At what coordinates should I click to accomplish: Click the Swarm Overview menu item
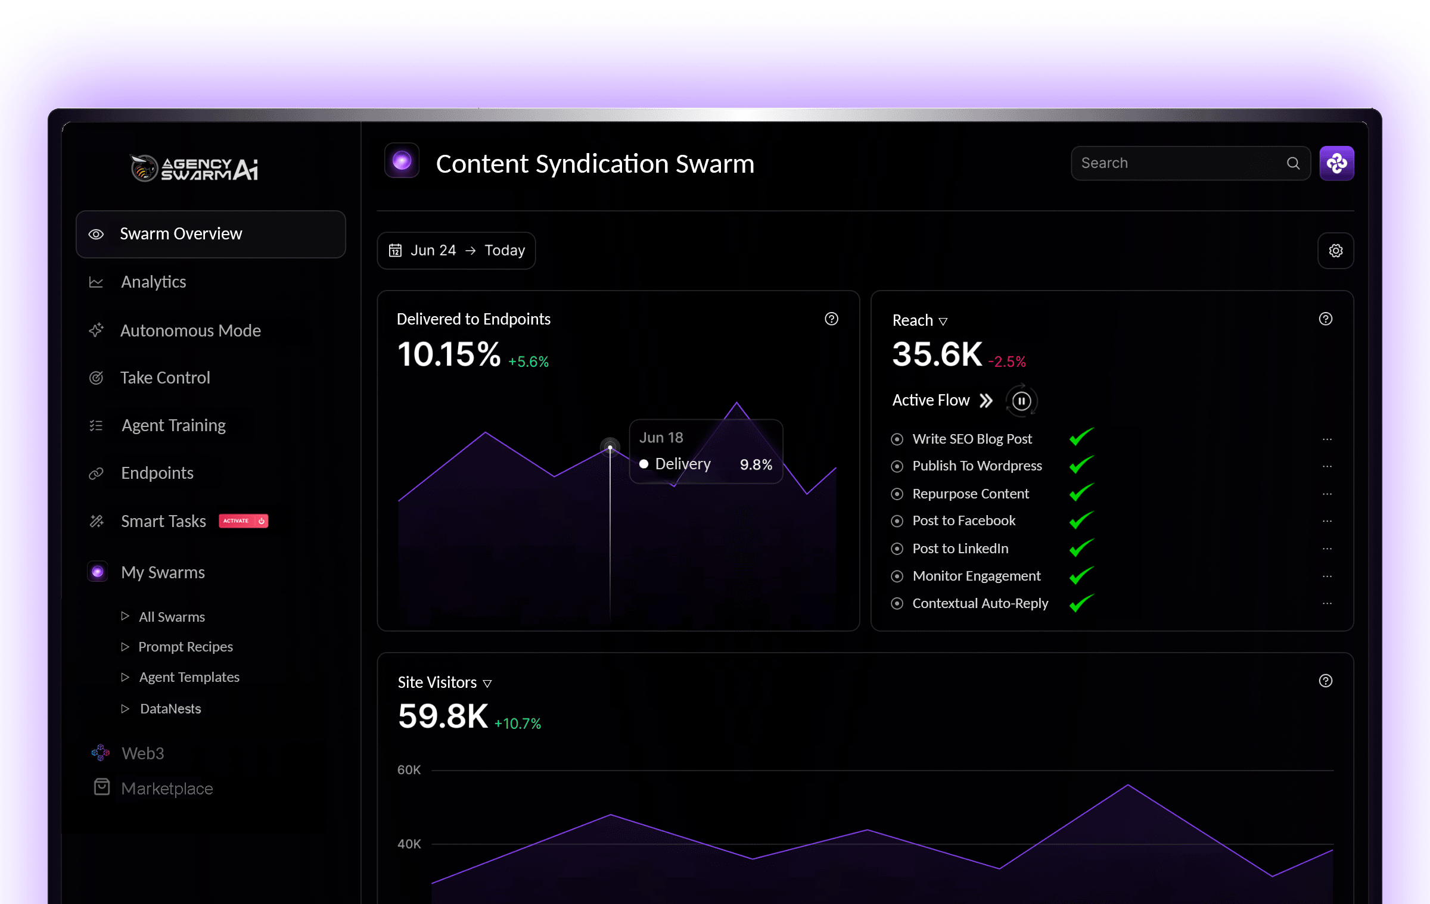click(210, 234)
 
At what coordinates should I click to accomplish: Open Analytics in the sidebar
click(153, 282)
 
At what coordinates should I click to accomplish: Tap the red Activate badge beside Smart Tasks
click(243, 521)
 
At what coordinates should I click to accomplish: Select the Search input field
click(1180, 163)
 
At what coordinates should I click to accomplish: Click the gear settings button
click(1335, 251)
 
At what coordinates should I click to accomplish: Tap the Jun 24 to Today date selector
click(456, 251)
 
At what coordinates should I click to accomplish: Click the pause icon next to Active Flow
click(1021, 401)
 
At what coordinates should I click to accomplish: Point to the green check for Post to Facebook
click(1081, 520)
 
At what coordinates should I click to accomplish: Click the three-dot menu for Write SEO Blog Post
click(1327, 439)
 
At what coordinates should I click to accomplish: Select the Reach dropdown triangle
click(943, 322)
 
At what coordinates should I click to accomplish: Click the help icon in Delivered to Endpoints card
click(831, 319)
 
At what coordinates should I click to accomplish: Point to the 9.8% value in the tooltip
click(756, 465)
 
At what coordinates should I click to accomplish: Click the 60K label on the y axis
click(409, 770)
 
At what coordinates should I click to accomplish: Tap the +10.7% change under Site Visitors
click(517, 724)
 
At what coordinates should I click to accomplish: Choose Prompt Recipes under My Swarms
click(185, 647)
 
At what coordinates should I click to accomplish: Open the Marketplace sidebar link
click(167, 788)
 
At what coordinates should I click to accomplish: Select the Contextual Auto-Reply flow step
click(980, 603)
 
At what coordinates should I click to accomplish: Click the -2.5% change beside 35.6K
click(1007, 361)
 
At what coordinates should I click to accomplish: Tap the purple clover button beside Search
click(1336, 163)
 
